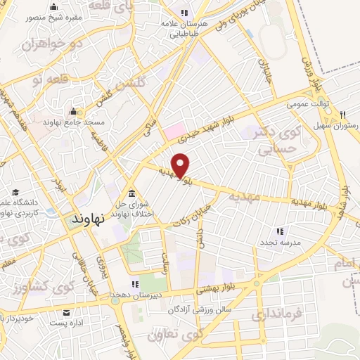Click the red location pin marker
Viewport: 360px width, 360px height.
click(181, 165)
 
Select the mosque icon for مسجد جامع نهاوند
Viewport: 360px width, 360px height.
click(74, 111)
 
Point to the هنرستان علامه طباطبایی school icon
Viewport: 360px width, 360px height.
click(184, 13)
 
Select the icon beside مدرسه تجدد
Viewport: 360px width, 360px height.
click(280, 231)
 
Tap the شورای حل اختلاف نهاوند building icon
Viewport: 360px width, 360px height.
click(131, 194)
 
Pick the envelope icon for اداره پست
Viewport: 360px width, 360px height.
click(66, 314)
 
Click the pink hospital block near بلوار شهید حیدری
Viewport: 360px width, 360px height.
click(173, 131)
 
